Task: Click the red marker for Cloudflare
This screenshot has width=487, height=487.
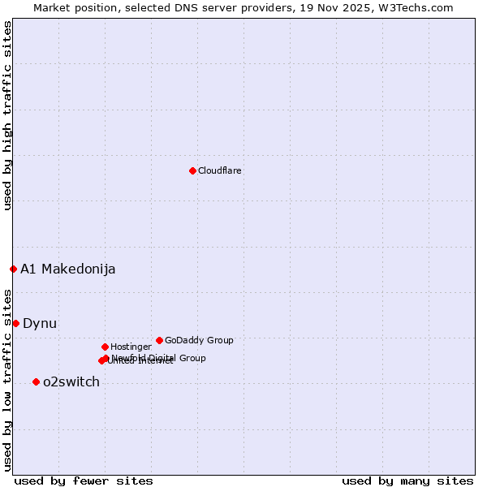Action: click(192, 170)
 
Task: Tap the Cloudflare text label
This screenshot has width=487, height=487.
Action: click(219, 170)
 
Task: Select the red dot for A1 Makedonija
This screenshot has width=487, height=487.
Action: click(13, 269)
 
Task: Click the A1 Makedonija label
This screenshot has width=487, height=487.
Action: click(67, 269)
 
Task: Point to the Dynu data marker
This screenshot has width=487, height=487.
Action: click(15, 323)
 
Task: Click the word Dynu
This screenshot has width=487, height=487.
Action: click(40, 324)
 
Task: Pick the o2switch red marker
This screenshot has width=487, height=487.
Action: click(36, 381)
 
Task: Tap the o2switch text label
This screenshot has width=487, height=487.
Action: click(71, 382)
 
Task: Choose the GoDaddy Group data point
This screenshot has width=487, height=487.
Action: click(159, 340)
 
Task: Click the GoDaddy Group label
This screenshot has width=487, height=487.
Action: click(199, 340)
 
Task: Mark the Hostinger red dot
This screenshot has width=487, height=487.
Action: click(105, 347)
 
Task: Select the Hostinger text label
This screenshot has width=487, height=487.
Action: click(131, 347)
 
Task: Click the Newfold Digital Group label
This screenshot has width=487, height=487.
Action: click(159, 357)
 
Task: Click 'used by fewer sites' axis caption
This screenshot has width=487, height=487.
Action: click(84, 481)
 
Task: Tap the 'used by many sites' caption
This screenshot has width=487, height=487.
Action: click(407, 481)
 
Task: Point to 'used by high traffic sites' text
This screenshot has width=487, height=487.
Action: click(7, 115)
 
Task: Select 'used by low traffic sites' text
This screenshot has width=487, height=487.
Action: click(7, 380)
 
